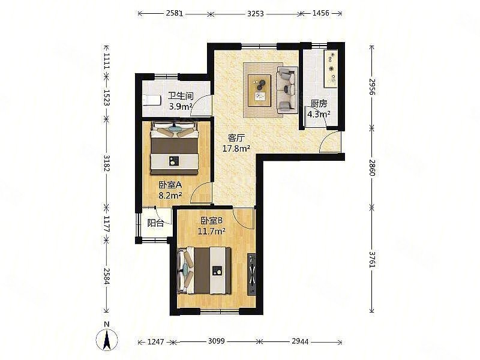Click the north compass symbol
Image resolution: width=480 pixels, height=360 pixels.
click(107, 338)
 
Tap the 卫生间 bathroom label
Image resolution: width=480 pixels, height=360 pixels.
click(181, 96)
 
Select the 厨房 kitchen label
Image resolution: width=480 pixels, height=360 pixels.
click(319, 104)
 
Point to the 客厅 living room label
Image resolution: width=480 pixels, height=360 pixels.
click(236, 138)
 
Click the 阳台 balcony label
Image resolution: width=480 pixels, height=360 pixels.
click(155, 223)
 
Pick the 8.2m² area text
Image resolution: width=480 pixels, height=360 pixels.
click(170, 195)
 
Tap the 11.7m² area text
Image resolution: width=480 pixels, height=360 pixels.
click(212, 231)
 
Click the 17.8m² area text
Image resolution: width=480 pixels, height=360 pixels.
click(236, 148)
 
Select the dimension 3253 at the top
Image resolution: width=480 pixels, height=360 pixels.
click(256, 13)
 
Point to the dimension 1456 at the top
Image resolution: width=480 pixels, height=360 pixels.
click(320, 13)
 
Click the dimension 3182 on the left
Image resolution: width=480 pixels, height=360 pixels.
click(106, 163)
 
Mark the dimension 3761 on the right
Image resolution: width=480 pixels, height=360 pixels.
click(372, 259)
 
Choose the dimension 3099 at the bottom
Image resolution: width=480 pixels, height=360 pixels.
click(217, 341)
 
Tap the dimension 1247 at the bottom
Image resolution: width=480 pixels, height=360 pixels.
click(156, 341)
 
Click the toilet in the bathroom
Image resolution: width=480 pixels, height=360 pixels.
click(152, 100)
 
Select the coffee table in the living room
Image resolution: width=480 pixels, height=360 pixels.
click(260, 87)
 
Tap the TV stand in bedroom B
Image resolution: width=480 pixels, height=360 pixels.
click(252, 274)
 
